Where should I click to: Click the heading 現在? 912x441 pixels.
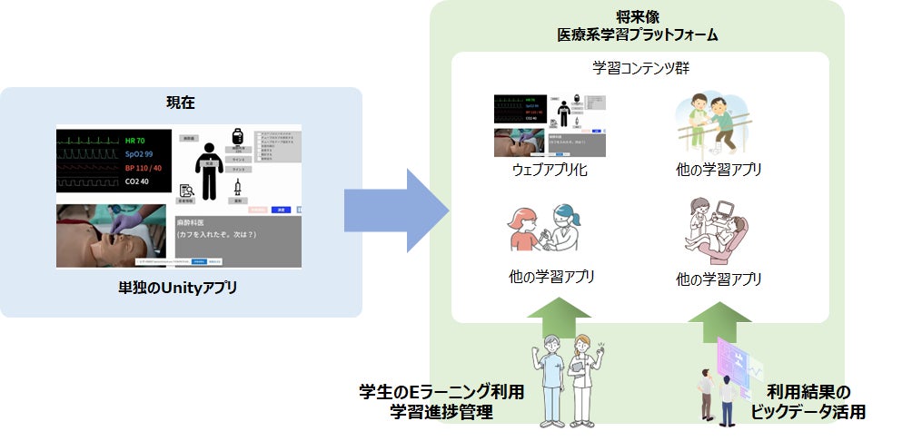(x=180, y=103)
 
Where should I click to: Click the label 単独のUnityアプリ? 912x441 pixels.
(x=180, y=289)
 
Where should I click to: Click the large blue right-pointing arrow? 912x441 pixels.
(x=396, y=211)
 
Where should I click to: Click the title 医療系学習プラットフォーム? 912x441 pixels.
(x=638, y=35)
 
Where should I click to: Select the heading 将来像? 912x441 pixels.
(x=638, y=16)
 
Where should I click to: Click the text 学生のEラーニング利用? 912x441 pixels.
(x=441, y=393)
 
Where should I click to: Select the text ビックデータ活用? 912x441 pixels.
(x=808, y=412)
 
